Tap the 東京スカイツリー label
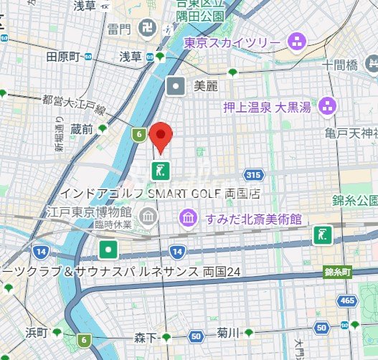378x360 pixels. (x=232, y=43)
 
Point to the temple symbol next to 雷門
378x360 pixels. (x=146, y=29)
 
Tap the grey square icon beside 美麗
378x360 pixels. (x=176, y=87)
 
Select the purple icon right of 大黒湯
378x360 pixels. (x=329, y=107)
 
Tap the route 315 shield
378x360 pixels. (x=252, y=174)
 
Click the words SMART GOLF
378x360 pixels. (x=184, y=194)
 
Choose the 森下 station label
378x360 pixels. (x=144, y=336)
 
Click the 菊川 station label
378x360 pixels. (x=227, y=333)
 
